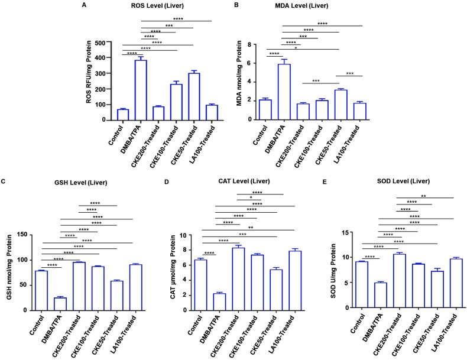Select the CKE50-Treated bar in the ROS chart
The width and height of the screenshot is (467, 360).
coord(177,97)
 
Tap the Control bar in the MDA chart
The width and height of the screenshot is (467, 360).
coord(265,109)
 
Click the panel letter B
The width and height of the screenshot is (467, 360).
coord(236,5)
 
